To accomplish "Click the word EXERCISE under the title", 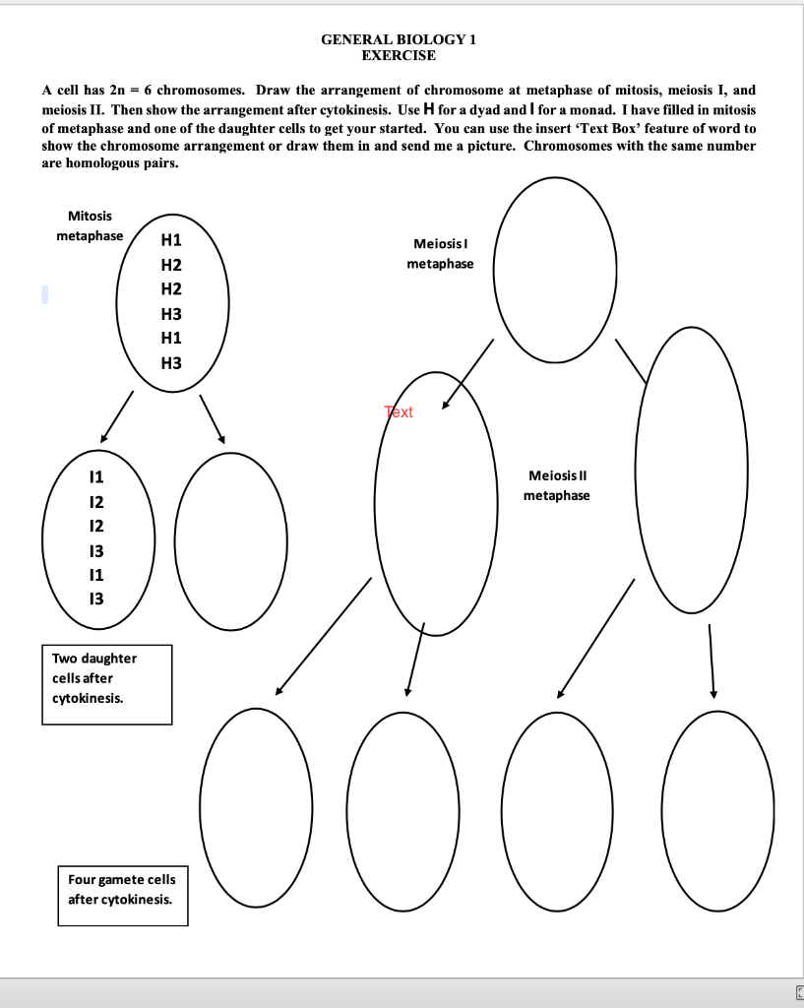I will point(399,55).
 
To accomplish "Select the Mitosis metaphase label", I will point(90,225).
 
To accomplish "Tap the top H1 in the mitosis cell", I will point(170,240).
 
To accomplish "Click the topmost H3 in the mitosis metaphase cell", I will point(170,314).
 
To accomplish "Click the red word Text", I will point(399,412).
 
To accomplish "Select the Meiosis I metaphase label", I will point(439,253).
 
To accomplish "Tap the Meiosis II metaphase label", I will point(557,484).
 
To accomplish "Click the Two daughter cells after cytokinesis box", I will point(106,684).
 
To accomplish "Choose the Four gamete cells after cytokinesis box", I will point(121,889).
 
